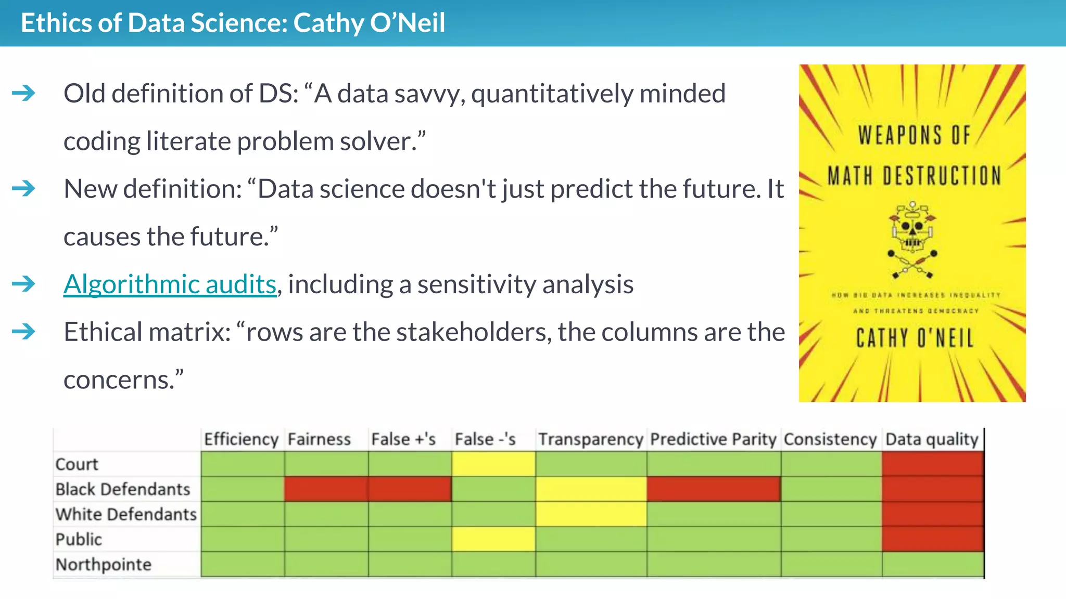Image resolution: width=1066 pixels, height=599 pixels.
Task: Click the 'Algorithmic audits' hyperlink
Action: [x=170, y=284]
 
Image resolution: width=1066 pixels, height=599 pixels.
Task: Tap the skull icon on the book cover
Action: [x=912, y=231]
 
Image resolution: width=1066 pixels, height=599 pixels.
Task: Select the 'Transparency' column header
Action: [x=590, y=439]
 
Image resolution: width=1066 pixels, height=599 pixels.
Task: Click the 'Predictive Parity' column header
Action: [x=713, y=439]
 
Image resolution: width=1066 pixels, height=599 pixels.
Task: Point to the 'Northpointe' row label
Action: [x=103, y=564]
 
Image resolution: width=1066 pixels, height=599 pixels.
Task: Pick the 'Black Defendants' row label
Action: [x=123, y=489]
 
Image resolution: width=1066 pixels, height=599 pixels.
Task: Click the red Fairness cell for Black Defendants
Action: [x=326, y=489]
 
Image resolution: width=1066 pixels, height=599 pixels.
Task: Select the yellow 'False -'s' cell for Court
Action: [x=493, y=464]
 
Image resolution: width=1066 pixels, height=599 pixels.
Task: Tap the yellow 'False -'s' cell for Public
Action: [x=493, y=539]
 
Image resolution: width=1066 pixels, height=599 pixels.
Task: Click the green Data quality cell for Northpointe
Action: [x=932, y=564]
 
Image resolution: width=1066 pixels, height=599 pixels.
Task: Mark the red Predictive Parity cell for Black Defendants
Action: [x=713, y=489]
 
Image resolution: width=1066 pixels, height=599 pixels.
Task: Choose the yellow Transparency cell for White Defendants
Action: [x=591, y=514]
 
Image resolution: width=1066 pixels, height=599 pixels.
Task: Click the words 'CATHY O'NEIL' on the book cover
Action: [x=915, y=338]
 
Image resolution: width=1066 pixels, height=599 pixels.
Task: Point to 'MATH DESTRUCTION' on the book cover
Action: [x=914, y=176]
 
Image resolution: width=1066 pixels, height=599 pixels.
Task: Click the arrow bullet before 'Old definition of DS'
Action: [x=23, y=94]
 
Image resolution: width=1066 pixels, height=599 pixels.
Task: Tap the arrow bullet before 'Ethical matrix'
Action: [x=23, y=332]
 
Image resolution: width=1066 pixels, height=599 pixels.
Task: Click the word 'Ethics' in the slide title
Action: [x=56, y=23]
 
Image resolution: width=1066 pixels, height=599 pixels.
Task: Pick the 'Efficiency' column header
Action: [x=241, y=439]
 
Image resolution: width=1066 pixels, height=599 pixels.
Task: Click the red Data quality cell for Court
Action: [x=932, y=464]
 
